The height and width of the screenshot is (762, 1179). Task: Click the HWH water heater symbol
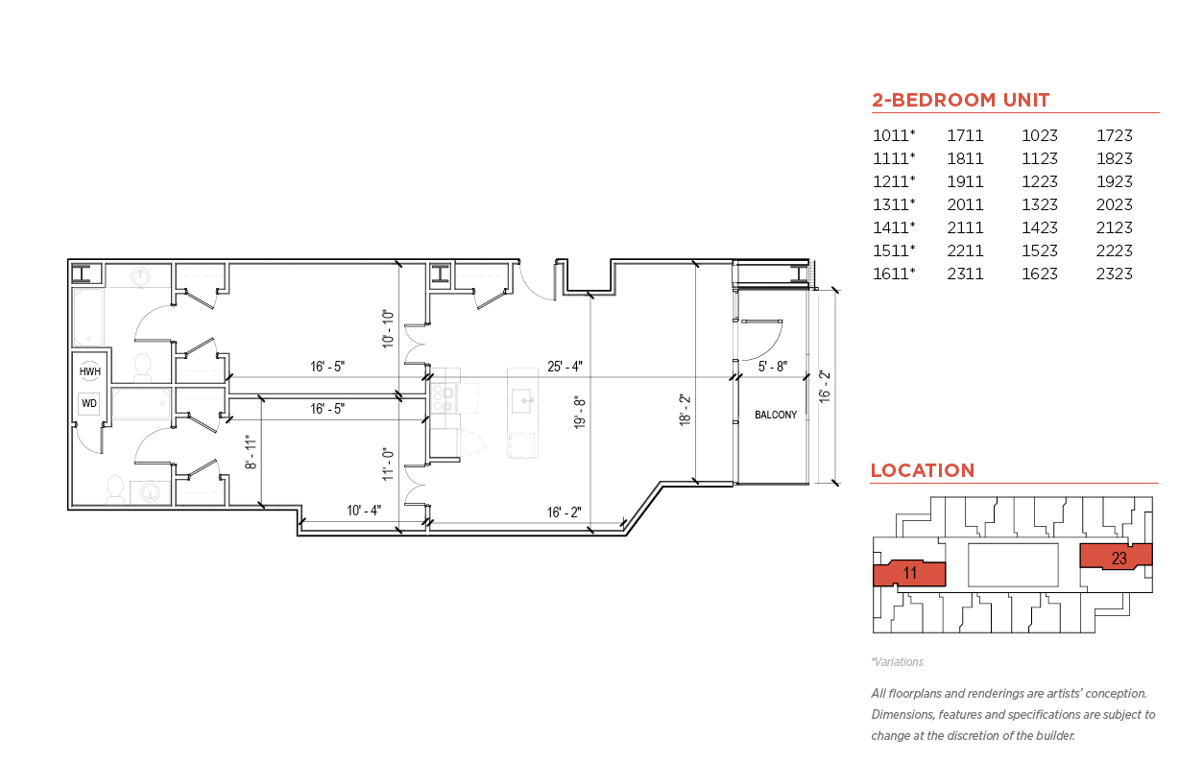tap(90, 371)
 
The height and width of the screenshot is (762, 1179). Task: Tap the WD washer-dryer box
tap(89, 404)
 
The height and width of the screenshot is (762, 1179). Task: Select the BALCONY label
tap(776, 415)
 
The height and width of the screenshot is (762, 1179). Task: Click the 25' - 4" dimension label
tap(565, 367)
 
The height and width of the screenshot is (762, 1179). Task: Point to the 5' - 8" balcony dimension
tap(772, 367)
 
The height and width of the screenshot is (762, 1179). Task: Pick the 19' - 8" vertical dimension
tap(580, 413)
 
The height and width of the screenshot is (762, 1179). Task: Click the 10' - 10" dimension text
tap(388, 329)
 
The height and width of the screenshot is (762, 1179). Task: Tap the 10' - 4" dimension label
tap(364, 511)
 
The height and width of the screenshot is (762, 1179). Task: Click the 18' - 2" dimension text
tap(685, 410)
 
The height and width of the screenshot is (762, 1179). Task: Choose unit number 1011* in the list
tap(894, 135)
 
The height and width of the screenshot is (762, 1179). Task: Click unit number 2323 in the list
tap(1115, 274)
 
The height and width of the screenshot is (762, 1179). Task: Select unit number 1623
tap(1040, 274)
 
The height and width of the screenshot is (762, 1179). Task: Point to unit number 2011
tap(965, 204)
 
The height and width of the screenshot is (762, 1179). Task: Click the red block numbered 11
tap(909, 573)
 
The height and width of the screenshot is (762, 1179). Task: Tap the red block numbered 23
tap(1117, 557)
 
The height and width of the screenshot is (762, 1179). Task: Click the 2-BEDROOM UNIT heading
tap(960, 100)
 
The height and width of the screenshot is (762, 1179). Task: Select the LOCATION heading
tap(923, 470)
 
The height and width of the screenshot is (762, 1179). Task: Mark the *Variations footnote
tap(897, 662)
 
